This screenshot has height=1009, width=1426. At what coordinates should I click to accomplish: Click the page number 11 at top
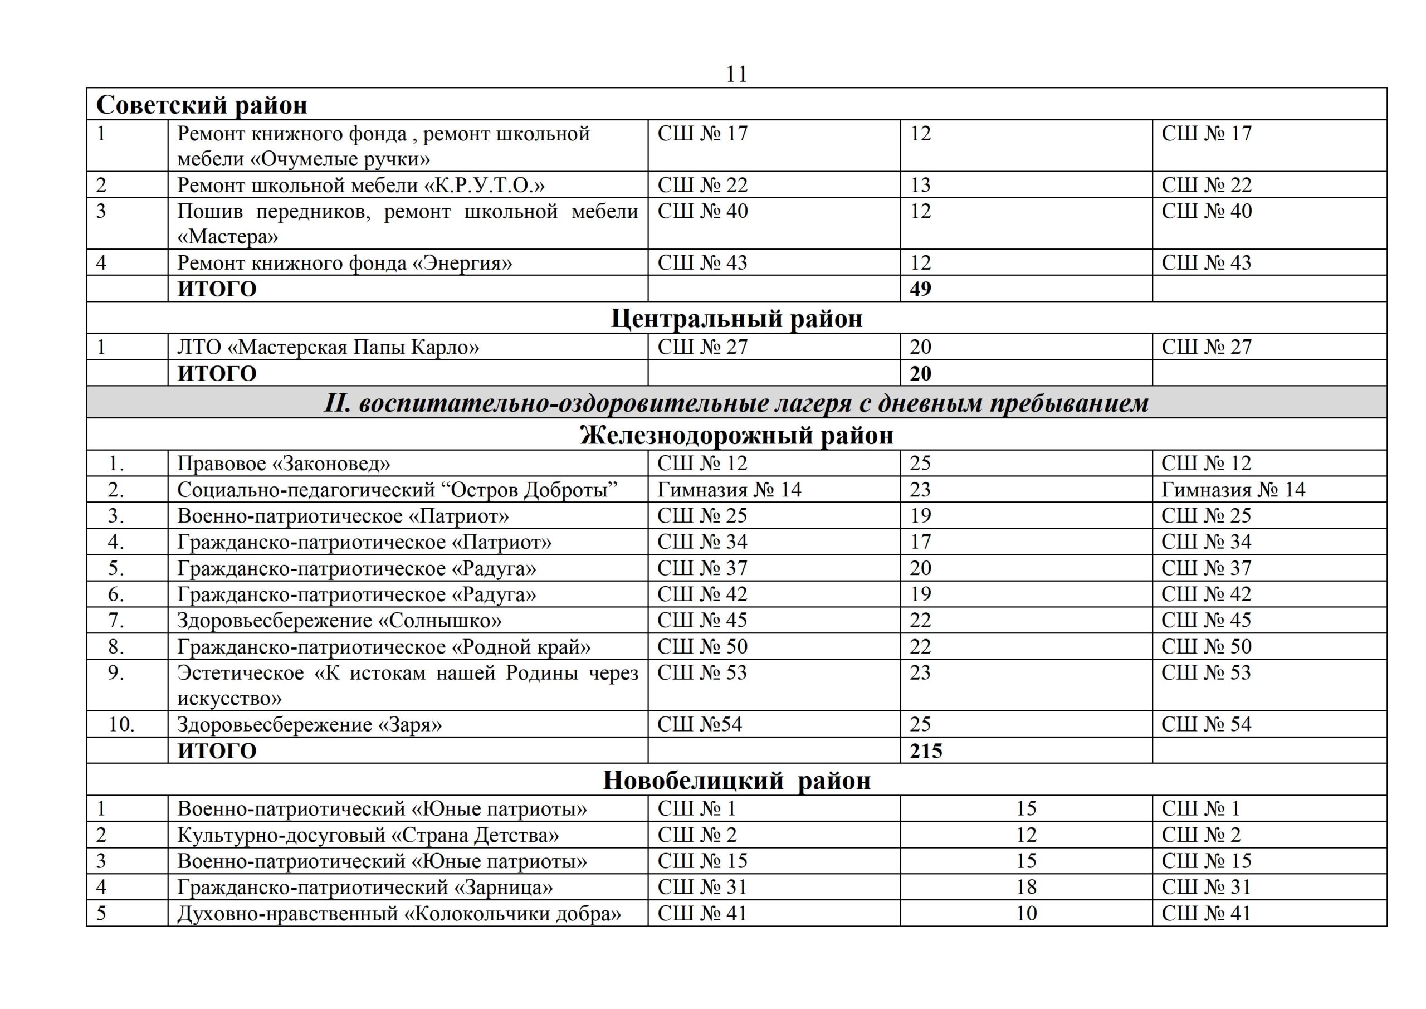tap(736, 75)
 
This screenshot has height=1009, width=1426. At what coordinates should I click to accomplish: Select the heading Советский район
tap(202, 105)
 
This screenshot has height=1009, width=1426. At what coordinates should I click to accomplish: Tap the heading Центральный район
tap(736, 319)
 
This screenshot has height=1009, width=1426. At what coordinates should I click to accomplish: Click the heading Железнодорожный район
tap(736, 435)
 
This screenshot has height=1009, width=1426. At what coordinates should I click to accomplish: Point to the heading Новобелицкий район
tap(736, 781)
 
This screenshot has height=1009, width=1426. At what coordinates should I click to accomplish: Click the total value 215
tap(926, 751)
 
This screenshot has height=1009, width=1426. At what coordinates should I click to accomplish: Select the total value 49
tap(920, 289)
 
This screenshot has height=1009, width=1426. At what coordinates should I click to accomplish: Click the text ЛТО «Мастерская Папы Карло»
tap(328, 347)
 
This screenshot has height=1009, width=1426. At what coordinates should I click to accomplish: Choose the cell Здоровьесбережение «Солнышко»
tap(339, 621)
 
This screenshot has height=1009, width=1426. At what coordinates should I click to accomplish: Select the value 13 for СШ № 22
tap(920, 185)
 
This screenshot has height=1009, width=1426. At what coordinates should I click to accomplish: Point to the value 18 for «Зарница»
tap(1026, 887)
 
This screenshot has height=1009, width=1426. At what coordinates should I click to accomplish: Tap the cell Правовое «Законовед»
tap(284, 464)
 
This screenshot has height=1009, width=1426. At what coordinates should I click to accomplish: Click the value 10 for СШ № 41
tap(1026, 914)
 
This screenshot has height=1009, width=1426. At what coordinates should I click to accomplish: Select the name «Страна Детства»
tap(475, 835)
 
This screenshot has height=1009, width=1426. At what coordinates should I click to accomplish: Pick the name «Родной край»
tap(520, 647)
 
